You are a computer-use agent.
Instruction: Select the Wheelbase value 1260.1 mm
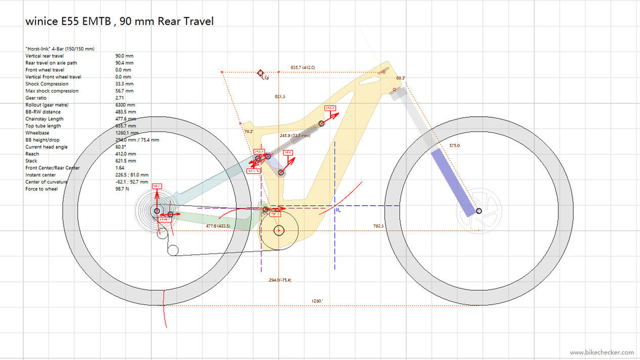pyautogui.click(x=126, y=133)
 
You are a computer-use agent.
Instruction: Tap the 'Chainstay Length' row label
pyautogui.click(x=45, y=119)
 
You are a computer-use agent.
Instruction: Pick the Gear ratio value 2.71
pyautogui.click(x=120, y=98)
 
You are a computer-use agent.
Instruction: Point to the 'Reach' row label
pyautogui.click(x=32, y=154)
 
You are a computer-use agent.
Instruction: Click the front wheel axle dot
pyautogui.click(x=479, y=210)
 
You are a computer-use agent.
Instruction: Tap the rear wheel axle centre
pyautogui.click(x=157, y=210)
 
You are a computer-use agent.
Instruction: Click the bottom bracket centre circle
pyautogui.click(x=279, y=231)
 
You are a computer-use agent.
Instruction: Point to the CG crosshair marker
pyautogui.click(x=261, y=73)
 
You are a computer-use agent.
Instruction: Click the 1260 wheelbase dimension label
pyautogui.click(x=317, y=301)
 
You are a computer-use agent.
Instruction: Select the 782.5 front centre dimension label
pyautogui.click(x=379, y=226)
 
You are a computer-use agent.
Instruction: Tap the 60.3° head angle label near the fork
pyautogui.click(x=400, y=78)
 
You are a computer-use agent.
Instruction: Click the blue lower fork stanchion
pyautogui.click(x=453, y=181)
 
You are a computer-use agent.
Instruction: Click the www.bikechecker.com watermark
pyautogui.click(x=602, y=352)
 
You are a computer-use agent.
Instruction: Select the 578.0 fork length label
pyautogui.click(x=455, y=145)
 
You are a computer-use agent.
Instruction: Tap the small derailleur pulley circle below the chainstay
pyautogui.click(x=173, y=250)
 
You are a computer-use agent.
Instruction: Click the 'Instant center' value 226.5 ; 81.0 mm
pyautogui.click(x=132, y=175)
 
